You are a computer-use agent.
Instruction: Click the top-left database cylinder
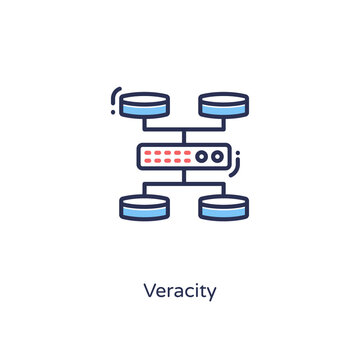pos(144,105)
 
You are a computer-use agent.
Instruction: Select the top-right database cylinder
pos(223,105)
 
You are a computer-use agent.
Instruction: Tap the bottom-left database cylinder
pos(144,207)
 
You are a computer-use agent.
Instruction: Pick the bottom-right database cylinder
pos(223,207)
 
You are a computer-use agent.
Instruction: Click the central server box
pos(184,156)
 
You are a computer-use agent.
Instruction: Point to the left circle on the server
pos(202,156)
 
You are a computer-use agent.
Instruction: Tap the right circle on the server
pos(217,156)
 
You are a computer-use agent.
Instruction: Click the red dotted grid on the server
pos(166,156)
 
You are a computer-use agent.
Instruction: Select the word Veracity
pos(180,293)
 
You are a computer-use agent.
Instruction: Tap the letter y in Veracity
pos(211,295)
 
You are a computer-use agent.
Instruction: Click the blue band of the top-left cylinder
pos(144,109)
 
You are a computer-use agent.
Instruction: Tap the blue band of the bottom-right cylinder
pos(223,211)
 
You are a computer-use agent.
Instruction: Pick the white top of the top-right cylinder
pos(223,99)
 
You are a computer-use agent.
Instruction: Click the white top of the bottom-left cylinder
pos(144,200)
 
